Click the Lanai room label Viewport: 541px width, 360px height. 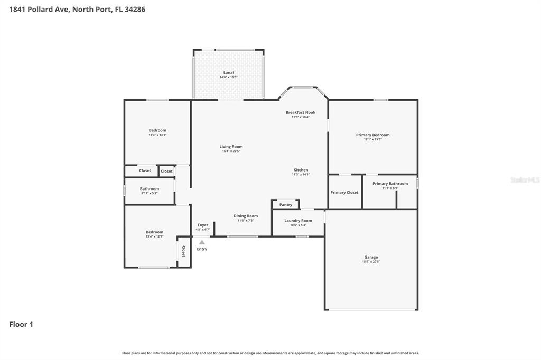228,72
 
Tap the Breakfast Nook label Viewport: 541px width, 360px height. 301,112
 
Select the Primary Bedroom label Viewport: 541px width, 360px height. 372,135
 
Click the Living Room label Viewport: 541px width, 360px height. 231,147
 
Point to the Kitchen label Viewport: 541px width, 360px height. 301,170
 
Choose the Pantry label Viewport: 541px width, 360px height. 286,205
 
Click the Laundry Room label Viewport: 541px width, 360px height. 298,221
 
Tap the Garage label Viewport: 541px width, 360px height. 371,257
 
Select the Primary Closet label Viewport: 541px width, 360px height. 344,192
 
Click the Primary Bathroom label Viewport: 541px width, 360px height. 390,184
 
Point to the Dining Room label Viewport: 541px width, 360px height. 246,216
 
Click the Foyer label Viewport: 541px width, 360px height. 203,225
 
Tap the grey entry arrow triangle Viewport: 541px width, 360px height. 202,242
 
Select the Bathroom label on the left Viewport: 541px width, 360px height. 150,188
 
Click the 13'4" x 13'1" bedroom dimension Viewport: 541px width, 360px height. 157,135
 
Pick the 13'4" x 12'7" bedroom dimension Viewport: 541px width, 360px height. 155,236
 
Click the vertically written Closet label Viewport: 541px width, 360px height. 184,251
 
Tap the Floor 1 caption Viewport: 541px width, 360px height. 21,325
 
